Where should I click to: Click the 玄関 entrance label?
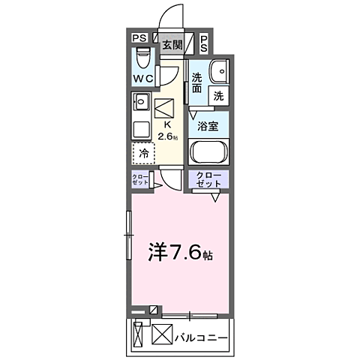pos(172,45)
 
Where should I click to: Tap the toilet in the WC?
pos(142,58)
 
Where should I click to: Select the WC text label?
pos(143,79)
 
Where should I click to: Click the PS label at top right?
pos(204,43)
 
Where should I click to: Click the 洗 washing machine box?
pos(217,95)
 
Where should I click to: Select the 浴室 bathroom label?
pos(208,127)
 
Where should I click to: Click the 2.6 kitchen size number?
pos(167,137)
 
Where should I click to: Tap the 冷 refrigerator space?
pos(142,152)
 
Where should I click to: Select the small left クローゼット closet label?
pos(140,181)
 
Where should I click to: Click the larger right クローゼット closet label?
pos(208,180)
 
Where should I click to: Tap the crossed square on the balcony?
pos(163,333)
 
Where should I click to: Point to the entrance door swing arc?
pos(174,16)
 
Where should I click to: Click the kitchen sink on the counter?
pos(140,100)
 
